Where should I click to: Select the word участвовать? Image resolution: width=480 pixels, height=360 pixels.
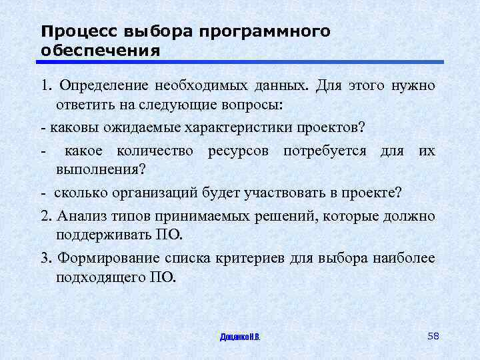click(285, 193)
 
